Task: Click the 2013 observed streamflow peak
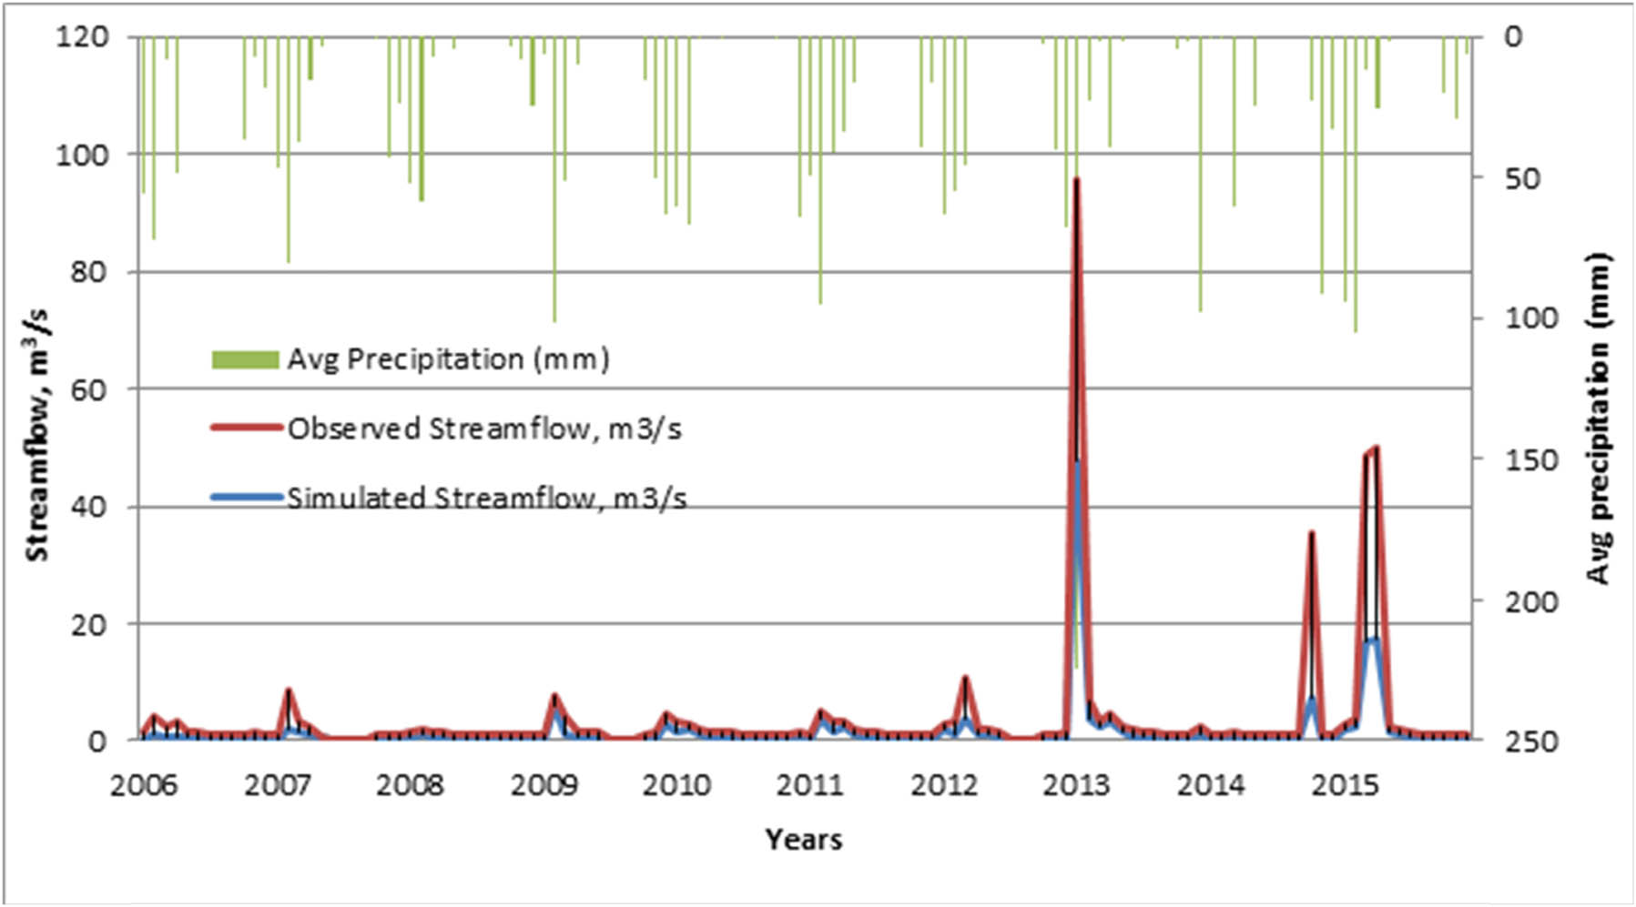(x=1076, y=179)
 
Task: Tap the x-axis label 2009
(x=544, y=784)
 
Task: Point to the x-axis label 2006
(x=144, y=784)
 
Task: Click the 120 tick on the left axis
(x=82, y=37)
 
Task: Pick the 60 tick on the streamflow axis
(x=89, y=389)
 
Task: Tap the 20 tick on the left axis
(x=89, y=625)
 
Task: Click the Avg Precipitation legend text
(x=448, y=359)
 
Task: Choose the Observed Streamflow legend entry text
(x=484, y=428)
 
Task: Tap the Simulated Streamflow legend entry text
(x=487, y=499)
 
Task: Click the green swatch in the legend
(x=245, y=360)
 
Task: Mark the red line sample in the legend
(x=246, y=428)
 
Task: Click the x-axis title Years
(x=803, y=839)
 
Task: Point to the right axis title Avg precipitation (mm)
(x=1598, y=418)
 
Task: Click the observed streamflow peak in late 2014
(x=1311, y=533)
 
